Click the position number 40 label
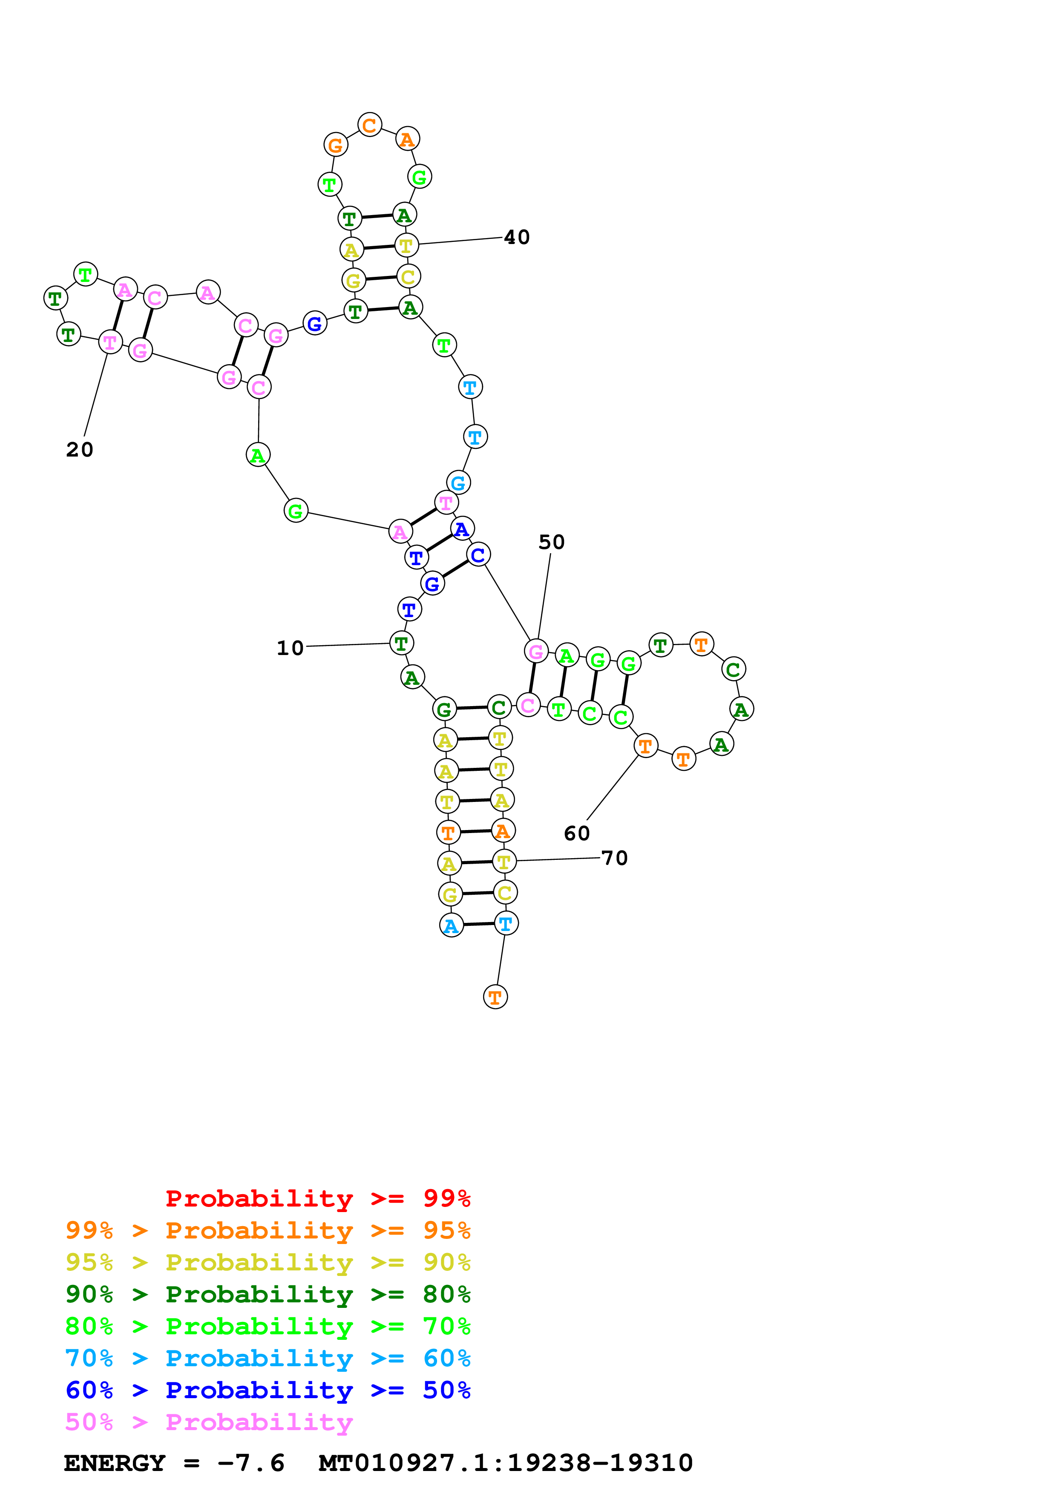click(x=517, y=238)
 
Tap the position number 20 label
click(x=79, y=450)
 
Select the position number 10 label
click(x=290, y=648)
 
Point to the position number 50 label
click(x=551, y=542)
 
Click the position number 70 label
click(x=614, y=858)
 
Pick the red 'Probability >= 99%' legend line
click(x=318, y=1198)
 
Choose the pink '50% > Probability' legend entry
click(x=209, y=1422)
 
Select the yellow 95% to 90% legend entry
click(x=268, y=1262)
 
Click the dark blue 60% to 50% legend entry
click(x=268, y=1391)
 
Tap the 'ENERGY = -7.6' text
click(x=174, y=1463)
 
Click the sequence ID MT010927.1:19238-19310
click(x=506, y=1463)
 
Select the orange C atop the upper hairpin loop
click(x=370, y=125)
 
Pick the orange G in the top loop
click(x=336, y=145)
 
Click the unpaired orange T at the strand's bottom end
click(x=495, y=997)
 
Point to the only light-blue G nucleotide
click(x=458, y=483)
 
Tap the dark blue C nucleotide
click(x=478, y=555)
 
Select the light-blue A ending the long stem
click(x=451, y=925)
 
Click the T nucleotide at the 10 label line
click(x=401, y=644)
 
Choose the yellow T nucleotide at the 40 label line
click(x=406, y=246)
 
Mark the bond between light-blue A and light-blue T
click(x=478, y=924)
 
